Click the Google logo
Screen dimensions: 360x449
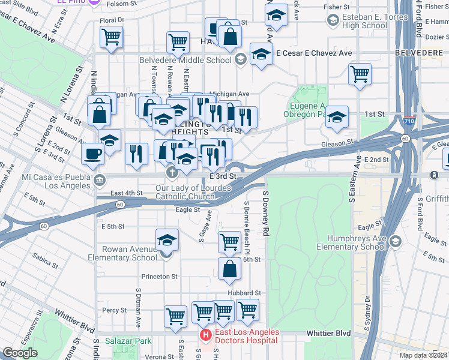point(20,353)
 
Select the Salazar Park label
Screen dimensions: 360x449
point(128,341)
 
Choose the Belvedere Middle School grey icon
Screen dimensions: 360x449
point(240,59)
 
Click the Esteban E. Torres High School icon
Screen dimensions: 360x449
point(332,20)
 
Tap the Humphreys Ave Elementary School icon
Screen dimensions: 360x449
point(395,241)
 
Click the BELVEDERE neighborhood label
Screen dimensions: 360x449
point(419,53)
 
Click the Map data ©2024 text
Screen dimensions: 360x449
point(423,355)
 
